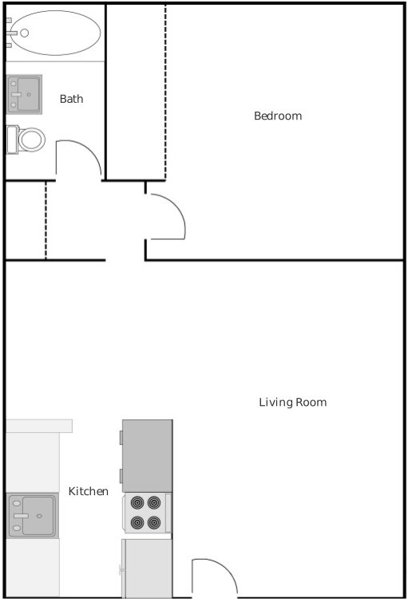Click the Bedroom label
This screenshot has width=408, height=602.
pos(278,116)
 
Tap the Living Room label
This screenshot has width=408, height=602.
pos(293,402)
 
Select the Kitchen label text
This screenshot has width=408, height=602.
pos(88,491)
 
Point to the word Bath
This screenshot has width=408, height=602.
pos(72,99)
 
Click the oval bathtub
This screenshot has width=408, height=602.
pos(55,33)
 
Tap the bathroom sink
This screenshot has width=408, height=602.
pos(24,94)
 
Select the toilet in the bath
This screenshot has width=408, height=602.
pos(26,140)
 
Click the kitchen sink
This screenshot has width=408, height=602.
pos(33,516)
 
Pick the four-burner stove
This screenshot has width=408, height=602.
pos(147,513)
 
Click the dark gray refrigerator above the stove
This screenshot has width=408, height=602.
pos(147,456)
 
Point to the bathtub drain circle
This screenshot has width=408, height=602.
pos(25,33)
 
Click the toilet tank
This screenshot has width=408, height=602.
pos(12,140)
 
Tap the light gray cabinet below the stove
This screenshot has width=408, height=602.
pos(147,569)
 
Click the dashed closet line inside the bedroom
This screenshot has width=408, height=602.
pos(165,92)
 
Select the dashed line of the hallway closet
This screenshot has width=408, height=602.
pos(46,220)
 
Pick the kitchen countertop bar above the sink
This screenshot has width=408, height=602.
pos(39,426)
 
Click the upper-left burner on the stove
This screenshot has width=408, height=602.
pos(137,502)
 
